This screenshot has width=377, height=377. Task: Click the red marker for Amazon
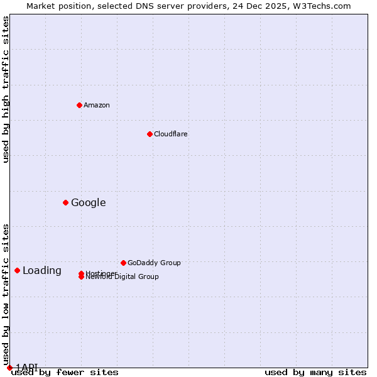click(79, 105)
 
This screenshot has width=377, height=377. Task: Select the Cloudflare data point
click(150, 134)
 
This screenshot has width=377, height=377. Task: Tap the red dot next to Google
click(65, 202)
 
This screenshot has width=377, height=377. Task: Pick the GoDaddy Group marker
click(123, 263)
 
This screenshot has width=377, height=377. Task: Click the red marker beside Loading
click(17, 270)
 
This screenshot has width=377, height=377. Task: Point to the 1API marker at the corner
click(9, 368)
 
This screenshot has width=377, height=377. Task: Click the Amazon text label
click(97, 105)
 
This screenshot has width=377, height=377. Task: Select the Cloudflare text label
click(171, 134)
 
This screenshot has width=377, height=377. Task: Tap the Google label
click(89, 202)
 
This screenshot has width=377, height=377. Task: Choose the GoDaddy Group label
click(154, 263)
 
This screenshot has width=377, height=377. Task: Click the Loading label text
click(42, 271)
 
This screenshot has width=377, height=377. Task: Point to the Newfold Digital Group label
click(123, 277)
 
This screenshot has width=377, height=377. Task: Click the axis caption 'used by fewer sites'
click(65, 372)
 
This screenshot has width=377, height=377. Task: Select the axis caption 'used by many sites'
click(315, 372)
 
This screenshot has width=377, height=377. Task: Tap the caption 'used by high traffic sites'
click(6, 89)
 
